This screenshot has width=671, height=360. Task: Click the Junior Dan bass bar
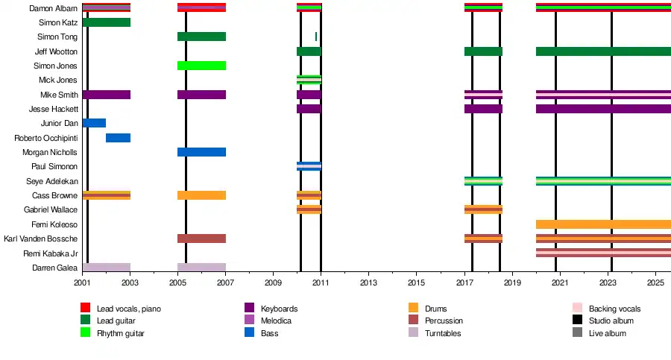[x=94, y=123]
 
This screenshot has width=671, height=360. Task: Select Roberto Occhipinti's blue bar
[x=118, y=138]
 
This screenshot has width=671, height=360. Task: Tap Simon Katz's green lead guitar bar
[x=107, y=22]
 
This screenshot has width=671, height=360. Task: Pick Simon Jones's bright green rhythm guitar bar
[x=201, y=66]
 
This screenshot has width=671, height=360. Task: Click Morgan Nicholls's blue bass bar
[x=201, y=152]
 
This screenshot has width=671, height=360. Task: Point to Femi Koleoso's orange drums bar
[x=603, y=224]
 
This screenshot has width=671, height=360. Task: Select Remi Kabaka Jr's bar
[x=603, y=253]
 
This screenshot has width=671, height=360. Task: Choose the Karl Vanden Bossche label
[x=41, y=239]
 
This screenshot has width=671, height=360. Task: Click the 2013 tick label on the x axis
[x=368, y=284]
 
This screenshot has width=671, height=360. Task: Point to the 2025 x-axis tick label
[x=655, y=284]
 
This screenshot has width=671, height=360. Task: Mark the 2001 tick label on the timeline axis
[x=82, y=284]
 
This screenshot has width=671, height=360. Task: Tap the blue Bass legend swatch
[x=250, y=333]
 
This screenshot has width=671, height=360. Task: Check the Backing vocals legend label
[x=614, y=309]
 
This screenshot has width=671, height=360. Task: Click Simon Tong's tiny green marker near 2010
[x=316, y=37]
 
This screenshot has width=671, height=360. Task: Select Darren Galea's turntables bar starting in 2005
[x=201, y=268]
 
